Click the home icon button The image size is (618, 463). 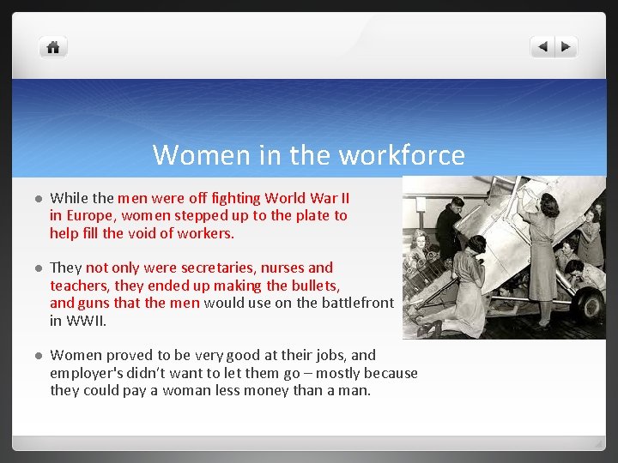(x=53, y=47)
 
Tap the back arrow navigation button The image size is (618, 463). (x=542, y=47)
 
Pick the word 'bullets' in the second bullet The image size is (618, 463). (x=312, y=286)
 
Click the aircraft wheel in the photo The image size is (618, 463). (x=587, y=302)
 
